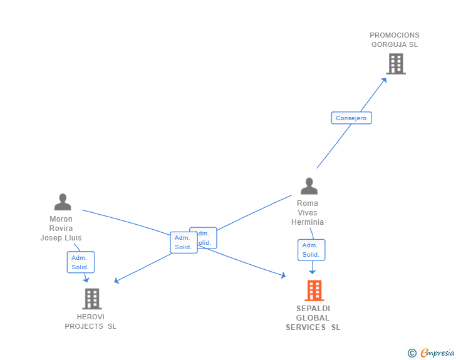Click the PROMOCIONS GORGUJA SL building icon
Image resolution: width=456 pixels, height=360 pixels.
(x=395, y=64)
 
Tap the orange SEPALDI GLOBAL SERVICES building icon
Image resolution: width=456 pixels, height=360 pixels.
(x=314, y=291)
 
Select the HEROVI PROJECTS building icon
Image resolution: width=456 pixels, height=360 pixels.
(x=92, y=299)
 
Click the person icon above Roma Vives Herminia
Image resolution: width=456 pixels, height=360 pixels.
(x=309, y=186)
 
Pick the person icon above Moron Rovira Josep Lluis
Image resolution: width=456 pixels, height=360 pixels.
(x=63, y=202)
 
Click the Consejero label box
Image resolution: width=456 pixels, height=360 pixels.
(x=351, y=118)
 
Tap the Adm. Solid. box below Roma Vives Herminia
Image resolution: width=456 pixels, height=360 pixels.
(x=311, y=250)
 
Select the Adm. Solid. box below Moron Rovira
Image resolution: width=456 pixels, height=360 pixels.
(x=80, y=262)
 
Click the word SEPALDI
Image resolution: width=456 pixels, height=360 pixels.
(x=313, y=309)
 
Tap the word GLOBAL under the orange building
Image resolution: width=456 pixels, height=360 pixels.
(x=313, y=318)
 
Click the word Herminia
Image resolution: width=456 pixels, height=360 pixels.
(x=308, y=222)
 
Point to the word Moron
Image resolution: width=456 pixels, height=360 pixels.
(x=61, y=219)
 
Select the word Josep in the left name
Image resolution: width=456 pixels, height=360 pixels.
(x=51, y=238)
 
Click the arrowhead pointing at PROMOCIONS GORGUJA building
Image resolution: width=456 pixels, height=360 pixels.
(x=385, y=79)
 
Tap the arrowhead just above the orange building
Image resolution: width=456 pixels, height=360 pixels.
(x=312, y=272)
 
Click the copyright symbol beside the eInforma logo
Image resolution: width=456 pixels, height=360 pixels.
(x=412, y=353)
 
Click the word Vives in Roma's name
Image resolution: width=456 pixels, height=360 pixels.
(x=308, y=213)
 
